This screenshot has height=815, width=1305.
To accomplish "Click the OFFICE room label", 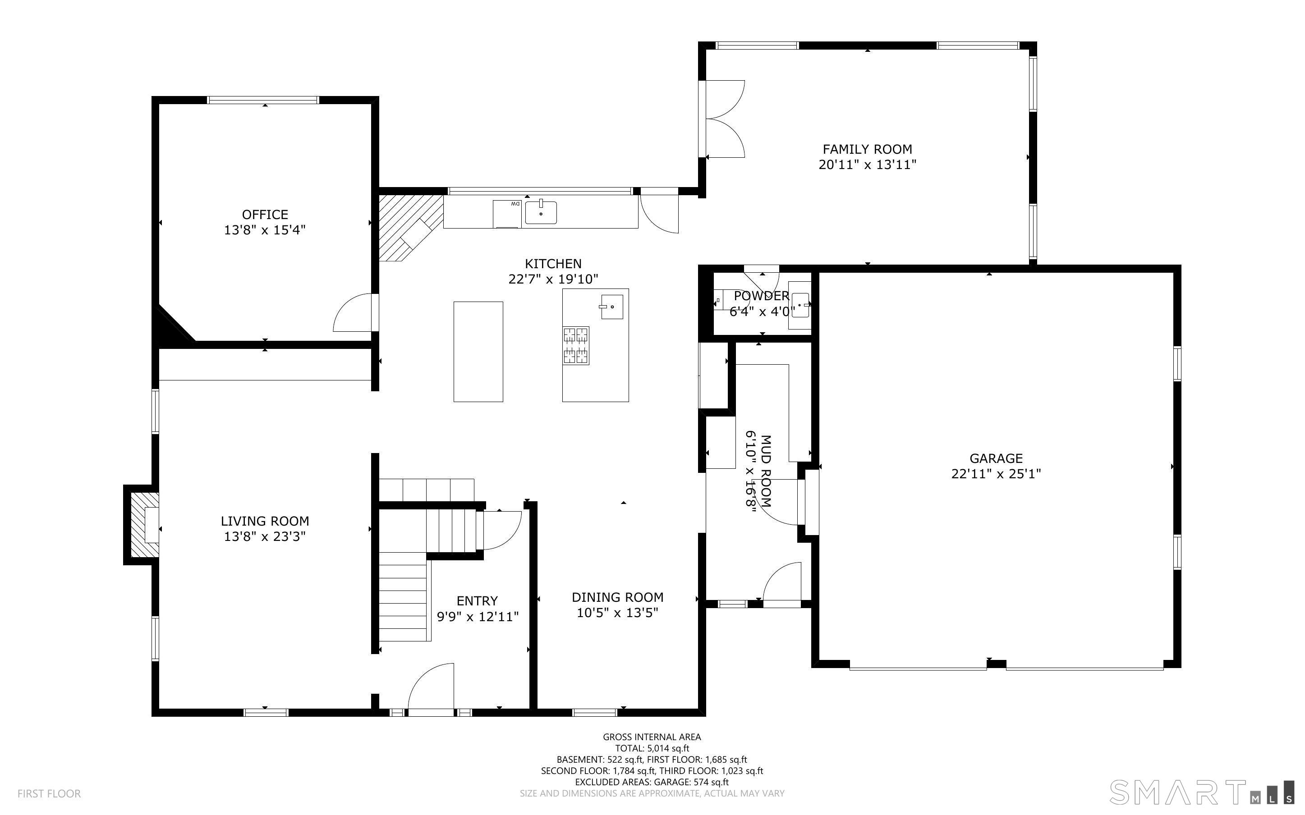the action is pos(265,215).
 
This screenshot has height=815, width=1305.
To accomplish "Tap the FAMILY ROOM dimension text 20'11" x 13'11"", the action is pos(867,165).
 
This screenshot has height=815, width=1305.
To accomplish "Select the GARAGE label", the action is pos(996,458).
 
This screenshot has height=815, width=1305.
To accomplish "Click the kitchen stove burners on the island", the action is pos(576,345).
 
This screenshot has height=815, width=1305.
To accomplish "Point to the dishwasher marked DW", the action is pos(507,214).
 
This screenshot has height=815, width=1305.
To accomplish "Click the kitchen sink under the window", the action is pos(541,212).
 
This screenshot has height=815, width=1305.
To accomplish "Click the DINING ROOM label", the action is pos(617,597).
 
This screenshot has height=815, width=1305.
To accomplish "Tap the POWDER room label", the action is pos(761,296).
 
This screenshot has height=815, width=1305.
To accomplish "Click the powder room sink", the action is pos(800,305).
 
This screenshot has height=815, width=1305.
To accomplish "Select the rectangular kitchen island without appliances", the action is pos(478,352).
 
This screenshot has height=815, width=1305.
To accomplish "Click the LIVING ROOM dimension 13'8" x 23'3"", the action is pos(265,536).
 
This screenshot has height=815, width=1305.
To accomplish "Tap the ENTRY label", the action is pos(477,601).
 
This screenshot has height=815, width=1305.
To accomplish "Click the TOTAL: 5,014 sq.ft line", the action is pos(652,748).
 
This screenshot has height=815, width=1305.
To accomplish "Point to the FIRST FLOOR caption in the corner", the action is pos(49,793).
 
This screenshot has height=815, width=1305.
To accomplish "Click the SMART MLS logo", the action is pos(1201,792).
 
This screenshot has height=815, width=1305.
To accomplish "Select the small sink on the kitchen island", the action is pos(612,307).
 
